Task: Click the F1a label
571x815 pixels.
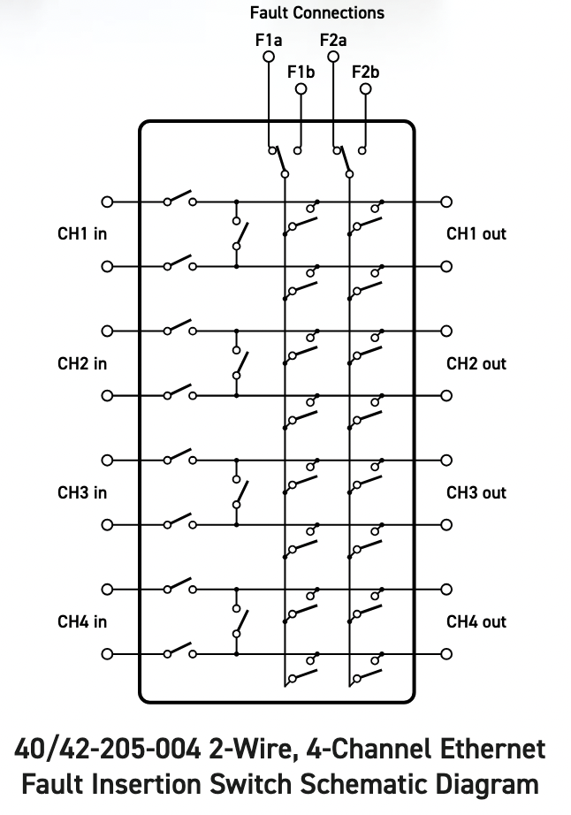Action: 269,40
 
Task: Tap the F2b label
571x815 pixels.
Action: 365,72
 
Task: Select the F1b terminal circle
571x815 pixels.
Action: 301,89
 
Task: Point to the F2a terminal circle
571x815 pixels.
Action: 333,57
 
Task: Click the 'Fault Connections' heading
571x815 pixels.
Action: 316,12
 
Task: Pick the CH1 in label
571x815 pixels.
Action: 82,234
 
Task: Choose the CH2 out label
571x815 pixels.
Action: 476,363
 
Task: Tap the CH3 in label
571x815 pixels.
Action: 82,492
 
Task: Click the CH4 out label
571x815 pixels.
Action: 476,621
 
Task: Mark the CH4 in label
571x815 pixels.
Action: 82,621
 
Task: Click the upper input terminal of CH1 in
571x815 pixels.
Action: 108,202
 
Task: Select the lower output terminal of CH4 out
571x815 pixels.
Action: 446,654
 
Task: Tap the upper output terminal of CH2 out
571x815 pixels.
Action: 446,331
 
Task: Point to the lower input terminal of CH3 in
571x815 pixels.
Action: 108,525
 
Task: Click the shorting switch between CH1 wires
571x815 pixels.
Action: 239,233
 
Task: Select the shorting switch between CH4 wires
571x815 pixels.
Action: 239,621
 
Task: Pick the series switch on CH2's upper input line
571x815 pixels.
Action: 179,326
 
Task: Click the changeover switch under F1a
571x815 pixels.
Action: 279,161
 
